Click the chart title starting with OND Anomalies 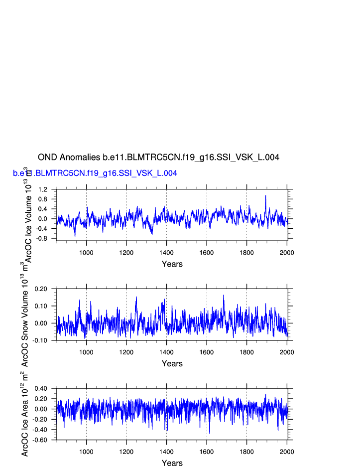coord(158,157)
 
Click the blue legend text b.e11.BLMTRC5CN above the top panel coord(95,173)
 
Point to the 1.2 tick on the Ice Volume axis coord(42,190)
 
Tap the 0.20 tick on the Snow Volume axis coord(40,289)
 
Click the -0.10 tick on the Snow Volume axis coord(40,340)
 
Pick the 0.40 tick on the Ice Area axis coord(40,388)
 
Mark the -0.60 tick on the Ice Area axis coord(40,440)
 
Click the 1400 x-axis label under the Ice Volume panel coord(166,253)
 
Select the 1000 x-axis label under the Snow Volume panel coord(86,352)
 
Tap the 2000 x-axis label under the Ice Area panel coord(287,452)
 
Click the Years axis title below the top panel coord(172,264)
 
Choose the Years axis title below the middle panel coord(172,364)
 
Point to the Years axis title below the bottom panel coord(172,464)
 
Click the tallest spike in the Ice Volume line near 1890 coord(265,196)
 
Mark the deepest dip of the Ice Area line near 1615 coord(210,433)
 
